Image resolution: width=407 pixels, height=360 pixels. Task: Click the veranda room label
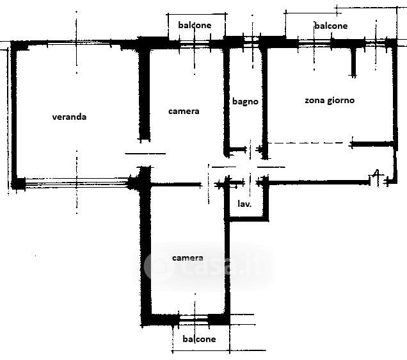pyautogui.click(x=69, y=117)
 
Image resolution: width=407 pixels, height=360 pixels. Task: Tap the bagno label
pyautogui.click(x=245, y=101)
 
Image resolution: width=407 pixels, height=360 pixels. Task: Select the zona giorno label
pyautogui.click(x=330, y=100)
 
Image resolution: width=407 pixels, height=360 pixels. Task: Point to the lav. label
pyautogui.click(x=244, y=204)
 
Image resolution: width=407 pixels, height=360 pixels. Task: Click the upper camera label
pyautogui.click(x=184, y=111)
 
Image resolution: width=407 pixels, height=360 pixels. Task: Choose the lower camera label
pyautogui.click(x=188, y=258)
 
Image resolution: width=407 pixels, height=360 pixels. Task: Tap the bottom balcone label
pyautogui.click(x=199, y=339)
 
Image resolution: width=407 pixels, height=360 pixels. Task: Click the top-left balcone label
pyautogui.click(x=195, y=25)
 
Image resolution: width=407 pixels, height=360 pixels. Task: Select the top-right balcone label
pyautogui.click(x=331, y=26)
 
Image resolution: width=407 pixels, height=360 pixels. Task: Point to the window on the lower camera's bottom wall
pyautogui.click(x=194, y=318)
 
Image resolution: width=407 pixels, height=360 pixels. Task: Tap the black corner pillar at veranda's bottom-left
pyautogui.click(x=19, y=183)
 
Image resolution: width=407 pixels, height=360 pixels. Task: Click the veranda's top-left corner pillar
pyautogui.click(x=20, y=46)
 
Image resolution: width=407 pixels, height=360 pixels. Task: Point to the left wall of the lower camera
pyautogui.click(x=145, y=256)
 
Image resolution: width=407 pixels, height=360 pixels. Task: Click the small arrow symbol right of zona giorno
pyautogui.click(x=378, y=174)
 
